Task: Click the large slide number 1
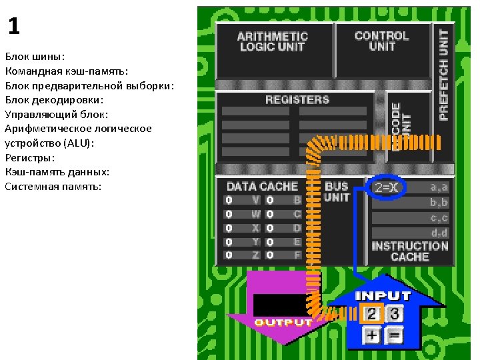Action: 14,27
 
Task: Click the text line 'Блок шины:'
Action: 35,57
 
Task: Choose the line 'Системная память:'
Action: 53,186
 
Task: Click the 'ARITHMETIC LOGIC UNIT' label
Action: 272,41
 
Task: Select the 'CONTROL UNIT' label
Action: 381,41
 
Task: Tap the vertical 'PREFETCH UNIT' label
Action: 443,73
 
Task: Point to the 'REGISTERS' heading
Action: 297,100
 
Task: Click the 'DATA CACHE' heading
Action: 262,187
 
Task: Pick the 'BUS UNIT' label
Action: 337,192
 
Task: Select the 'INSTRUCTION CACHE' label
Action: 409,251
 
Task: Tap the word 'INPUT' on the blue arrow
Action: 383,295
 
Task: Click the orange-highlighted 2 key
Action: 373,313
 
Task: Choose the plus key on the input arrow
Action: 372,335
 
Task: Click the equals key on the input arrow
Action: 395,335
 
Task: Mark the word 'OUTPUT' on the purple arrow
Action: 283,323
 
